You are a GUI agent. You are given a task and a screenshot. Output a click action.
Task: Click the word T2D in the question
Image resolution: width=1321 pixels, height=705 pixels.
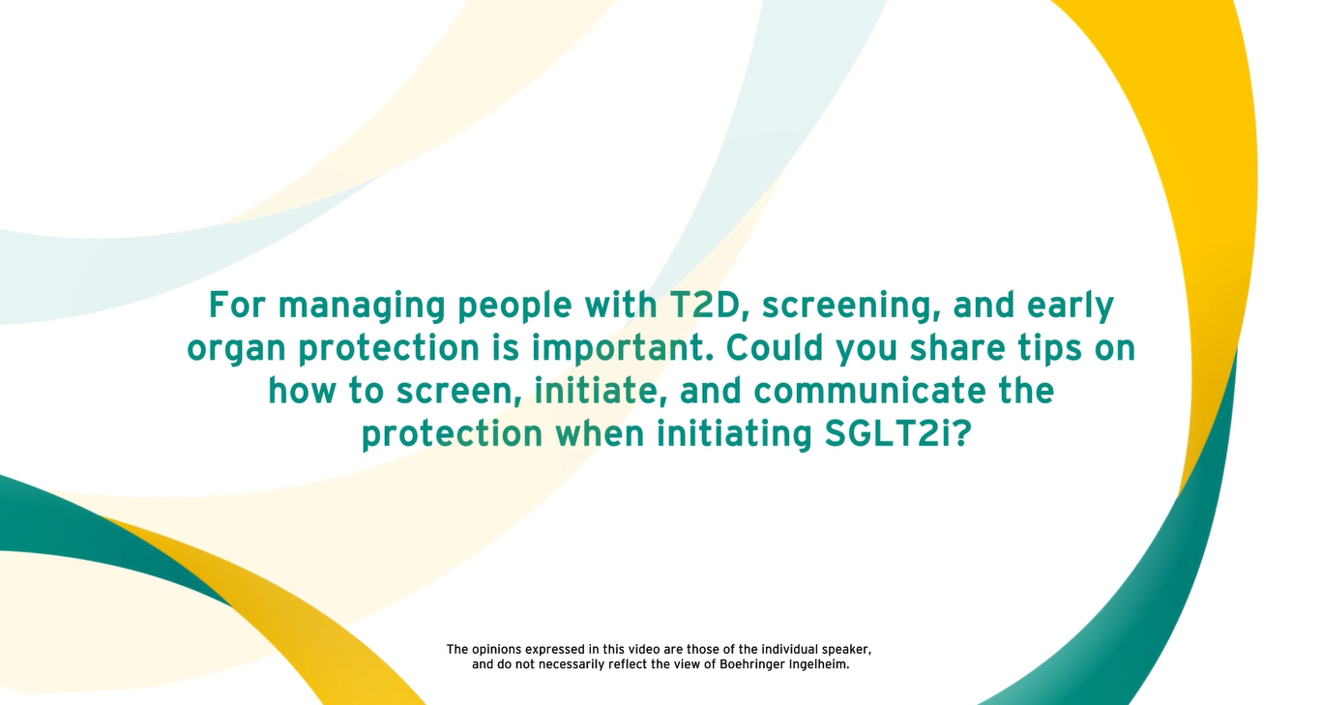pyautogui.click(x=704, y=305)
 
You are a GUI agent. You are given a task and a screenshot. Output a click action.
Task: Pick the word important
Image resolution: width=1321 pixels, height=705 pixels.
pyautogui.click(x=622, y=349)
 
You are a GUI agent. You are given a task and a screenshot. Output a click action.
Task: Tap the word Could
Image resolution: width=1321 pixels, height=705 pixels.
pyautogui.click(x=775, y=347)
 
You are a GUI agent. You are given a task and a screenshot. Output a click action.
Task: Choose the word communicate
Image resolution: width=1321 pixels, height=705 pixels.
pyautogui.click(x=869, y=391)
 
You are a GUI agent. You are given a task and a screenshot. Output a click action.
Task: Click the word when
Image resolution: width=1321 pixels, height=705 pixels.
pyautogui.click(x=600, y=433)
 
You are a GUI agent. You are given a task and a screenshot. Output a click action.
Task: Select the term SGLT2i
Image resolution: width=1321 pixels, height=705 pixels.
pyautogui.click(x=897, y=433)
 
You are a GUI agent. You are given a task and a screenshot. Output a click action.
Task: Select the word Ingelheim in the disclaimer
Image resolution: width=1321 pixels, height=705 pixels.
pyautogui.click(x=819, y=665)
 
